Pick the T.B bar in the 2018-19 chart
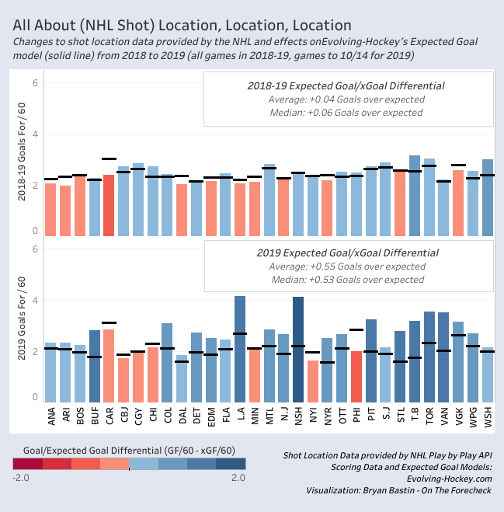pyautogui.click(x=415, y=193)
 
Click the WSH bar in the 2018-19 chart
pyautogui.click(x=488, y=195)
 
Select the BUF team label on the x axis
pyautogui.click(x=95, y=420)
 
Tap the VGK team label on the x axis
pyautogui.click(x=459, y=420)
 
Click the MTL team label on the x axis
pyautogui.click(x=269, y=420)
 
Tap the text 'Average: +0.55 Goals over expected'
pyautogui.click(x=348, y=266)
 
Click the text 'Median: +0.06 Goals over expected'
pyautogui.click(x=348, y=113)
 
